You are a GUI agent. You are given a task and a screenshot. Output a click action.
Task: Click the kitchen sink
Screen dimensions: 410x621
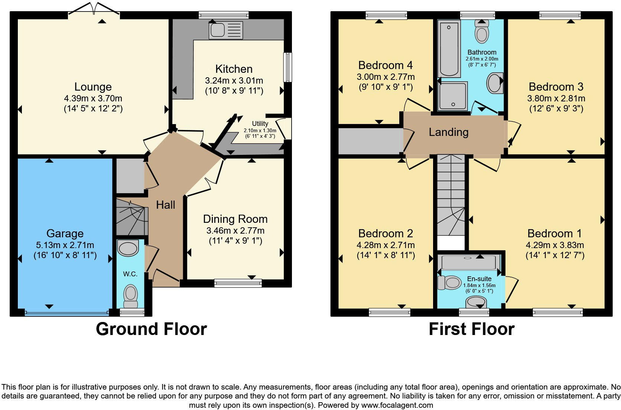pos(225,30)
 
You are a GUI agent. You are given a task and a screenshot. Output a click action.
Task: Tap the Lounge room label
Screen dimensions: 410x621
pos(93,87)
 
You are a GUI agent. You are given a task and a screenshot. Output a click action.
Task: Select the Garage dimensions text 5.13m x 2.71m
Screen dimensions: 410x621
pos(65,245)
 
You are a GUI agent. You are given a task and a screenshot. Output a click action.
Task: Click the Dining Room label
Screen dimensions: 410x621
pos(235,219)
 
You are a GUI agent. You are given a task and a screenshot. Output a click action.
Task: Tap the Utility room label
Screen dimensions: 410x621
pos(260,124)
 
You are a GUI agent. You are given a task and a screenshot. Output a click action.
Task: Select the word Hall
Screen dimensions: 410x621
pos(165,205)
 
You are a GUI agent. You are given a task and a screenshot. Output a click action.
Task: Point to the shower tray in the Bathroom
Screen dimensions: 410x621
pos(452,97)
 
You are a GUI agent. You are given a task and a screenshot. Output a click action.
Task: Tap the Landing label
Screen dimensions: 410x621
pos(448,132)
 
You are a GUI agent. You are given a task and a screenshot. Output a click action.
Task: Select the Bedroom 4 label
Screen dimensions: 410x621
pos(385,65)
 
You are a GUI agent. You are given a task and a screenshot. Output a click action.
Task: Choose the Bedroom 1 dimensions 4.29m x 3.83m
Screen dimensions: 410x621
pos(555,245)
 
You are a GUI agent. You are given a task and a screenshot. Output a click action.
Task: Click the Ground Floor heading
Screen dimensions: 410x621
pos(151,329)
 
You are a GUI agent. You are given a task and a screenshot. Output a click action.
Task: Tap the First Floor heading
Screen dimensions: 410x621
pos(471,329)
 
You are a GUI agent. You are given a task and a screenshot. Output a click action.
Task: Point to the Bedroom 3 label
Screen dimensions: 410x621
pos(556,87)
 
